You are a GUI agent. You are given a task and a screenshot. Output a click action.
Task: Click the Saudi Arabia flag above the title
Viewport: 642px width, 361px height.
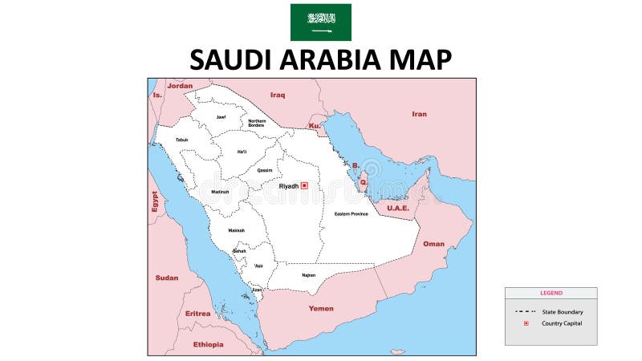pyautogui.click(x=320, y=22)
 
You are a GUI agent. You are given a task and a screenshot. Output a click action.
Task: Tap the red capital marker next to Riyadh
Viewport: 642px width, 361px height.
pyautogui.click(x=304, y=185)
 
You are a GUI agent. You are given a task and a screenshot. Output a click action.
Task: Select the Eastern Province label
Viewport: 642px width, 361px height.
pyautogui.click(x=351, y=214)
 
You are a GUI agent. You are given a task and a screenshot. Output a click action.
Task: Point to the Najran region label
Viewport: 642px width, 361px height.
pyautogui.click(x=309, y=275)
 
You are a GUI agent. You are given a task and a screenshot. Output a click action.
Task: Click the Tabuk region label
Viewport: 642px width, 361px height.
pyautogui.click(x=181, y=140)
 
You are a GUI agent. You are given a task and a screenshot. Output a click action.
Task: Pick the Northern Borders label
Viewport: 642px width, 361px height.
pyautogui.click(x=256, y=123)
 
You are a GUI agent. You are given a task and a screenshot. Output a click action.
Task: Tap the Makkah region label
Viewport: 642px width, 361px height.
pyautogui.click(x=236, y=230)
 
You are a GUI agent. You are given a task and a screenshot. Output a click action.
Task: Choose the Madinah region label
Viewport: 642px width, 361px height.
pyautogui.click(x=220, y=192)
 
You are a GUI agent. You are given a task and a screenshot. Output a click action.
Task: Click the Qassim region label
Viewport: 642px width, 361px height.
pyautogui.click(x=264, y=170)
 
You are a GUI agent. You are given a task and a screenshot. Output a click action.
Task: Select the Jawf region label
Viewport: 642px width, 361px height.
pyautogui.click(x=221, y=117)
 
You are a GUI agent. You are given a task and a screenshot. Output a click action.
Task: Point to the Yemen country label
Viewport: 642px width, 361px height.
pyautogui.click(x=321, y=308)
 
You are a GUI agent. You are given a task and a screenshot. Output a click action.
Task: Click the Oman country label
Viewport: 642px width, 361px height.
pyautogui.click(x=433, y=244)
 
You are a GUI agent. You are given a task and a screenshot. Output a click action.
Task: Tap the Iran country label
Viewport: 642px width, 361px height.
pyautogui.click(x=419, y=114)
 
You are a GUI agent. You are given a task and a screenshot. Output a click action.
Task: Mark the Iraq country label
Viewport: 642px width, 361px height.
pyautogui.click(x=278, y=95)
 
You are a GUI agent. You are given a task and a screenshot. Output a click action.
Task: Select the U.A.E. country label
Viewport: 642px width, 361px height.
pyautogui.click(x=398, y=208)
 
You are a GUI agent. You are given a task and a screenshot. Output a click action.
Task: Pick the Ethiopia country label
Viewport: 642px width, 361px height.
pyautogui.click(x=208, y=344)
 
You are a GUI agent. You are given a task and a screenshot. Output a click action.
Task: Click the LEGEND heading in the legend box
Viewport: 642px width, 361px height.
pyautogui.click(x=551, y=293)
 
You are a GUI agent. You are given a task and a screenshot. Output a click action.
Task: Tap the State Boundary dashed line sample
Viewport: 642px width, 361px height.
pyautogui.click(x=526, y=311)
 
